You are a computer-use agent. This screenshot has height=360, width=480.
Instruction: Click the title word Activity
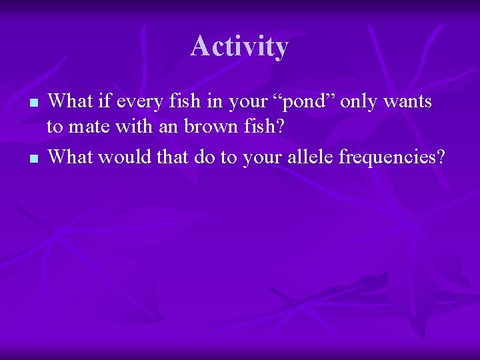239,46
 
